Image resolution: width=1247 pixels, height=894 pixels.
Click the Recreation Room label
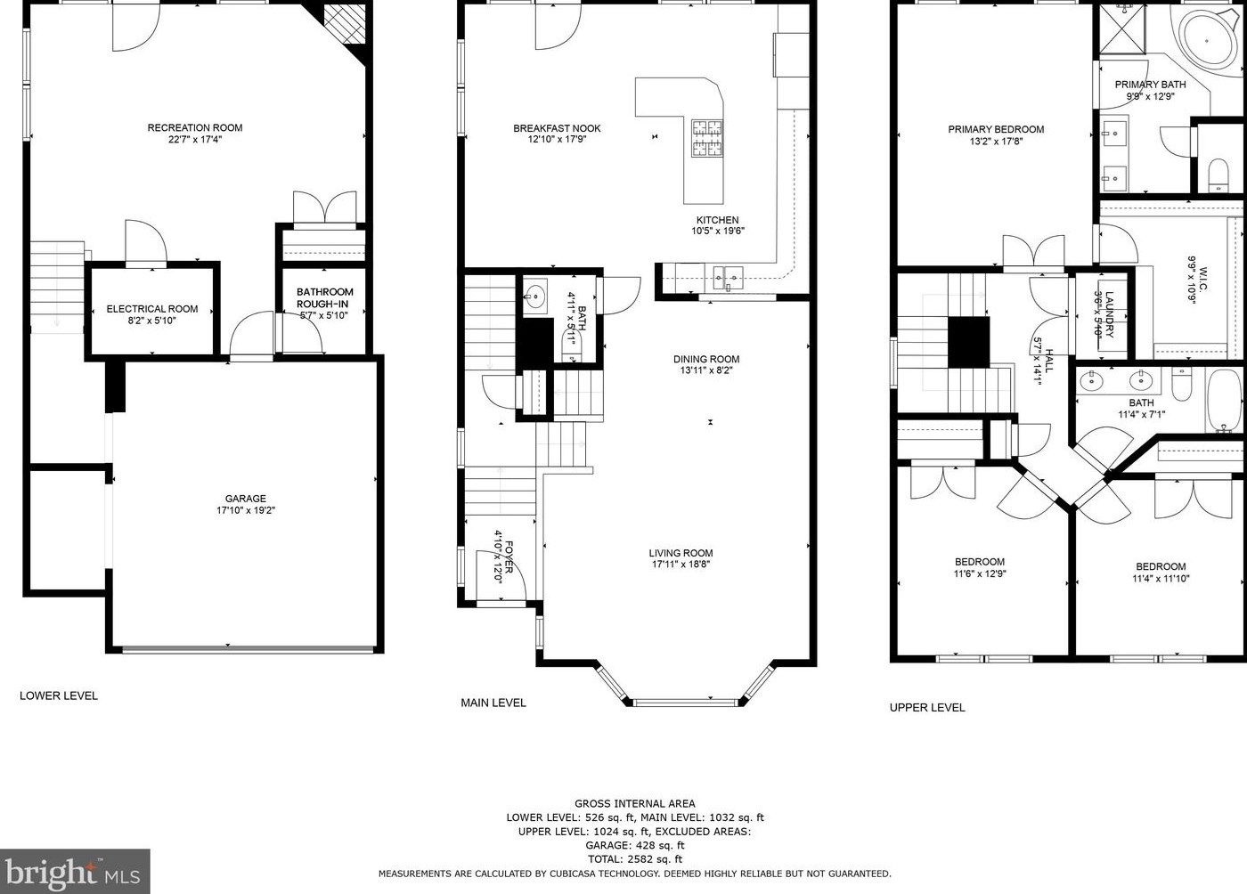coord(195,127)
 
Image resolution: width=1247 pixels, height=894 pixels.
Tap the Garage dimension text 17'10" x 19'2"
coord(246,510)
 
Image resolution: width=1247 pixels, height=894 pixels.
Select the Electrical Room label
coord(152,309)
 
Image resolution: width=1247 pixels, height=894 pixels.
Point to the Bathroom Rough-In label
coord(324,297)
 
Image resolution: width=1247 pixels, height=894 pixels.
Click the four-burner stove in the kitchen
coord(707,137)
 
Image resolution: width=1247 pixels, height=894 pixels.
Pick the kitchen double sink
coord(729,275)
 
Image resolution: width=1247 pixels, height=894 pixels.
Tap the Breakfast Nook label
coord(557,128)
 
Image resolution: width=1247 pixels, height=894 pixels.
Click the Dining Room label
coord(706,359)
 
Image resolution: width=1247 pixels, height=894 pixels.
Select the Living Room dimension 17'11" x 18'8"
coord(681,565)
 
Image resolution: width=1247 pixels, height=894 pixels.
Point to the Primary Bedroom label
coord(996,129)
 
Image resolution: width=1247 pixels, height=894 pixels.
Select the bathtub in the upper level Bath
coord(1224,401)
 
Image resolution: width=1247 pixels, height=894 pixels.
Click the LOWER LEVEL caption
coord(59,695)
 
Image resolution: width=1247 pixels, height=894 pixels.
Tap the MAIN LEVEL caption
coord(493,703)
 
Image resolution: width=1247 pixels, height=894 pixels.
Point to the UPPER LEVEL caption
coord(927,708)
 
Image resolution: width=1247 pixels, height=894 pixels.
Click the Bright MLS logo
coord(75,871)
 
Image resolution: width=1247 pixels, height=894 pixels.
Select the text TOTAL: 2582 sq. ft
coord(634,859)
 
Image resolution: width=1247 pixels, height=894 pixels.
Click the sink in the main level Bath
coord(535,295)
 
